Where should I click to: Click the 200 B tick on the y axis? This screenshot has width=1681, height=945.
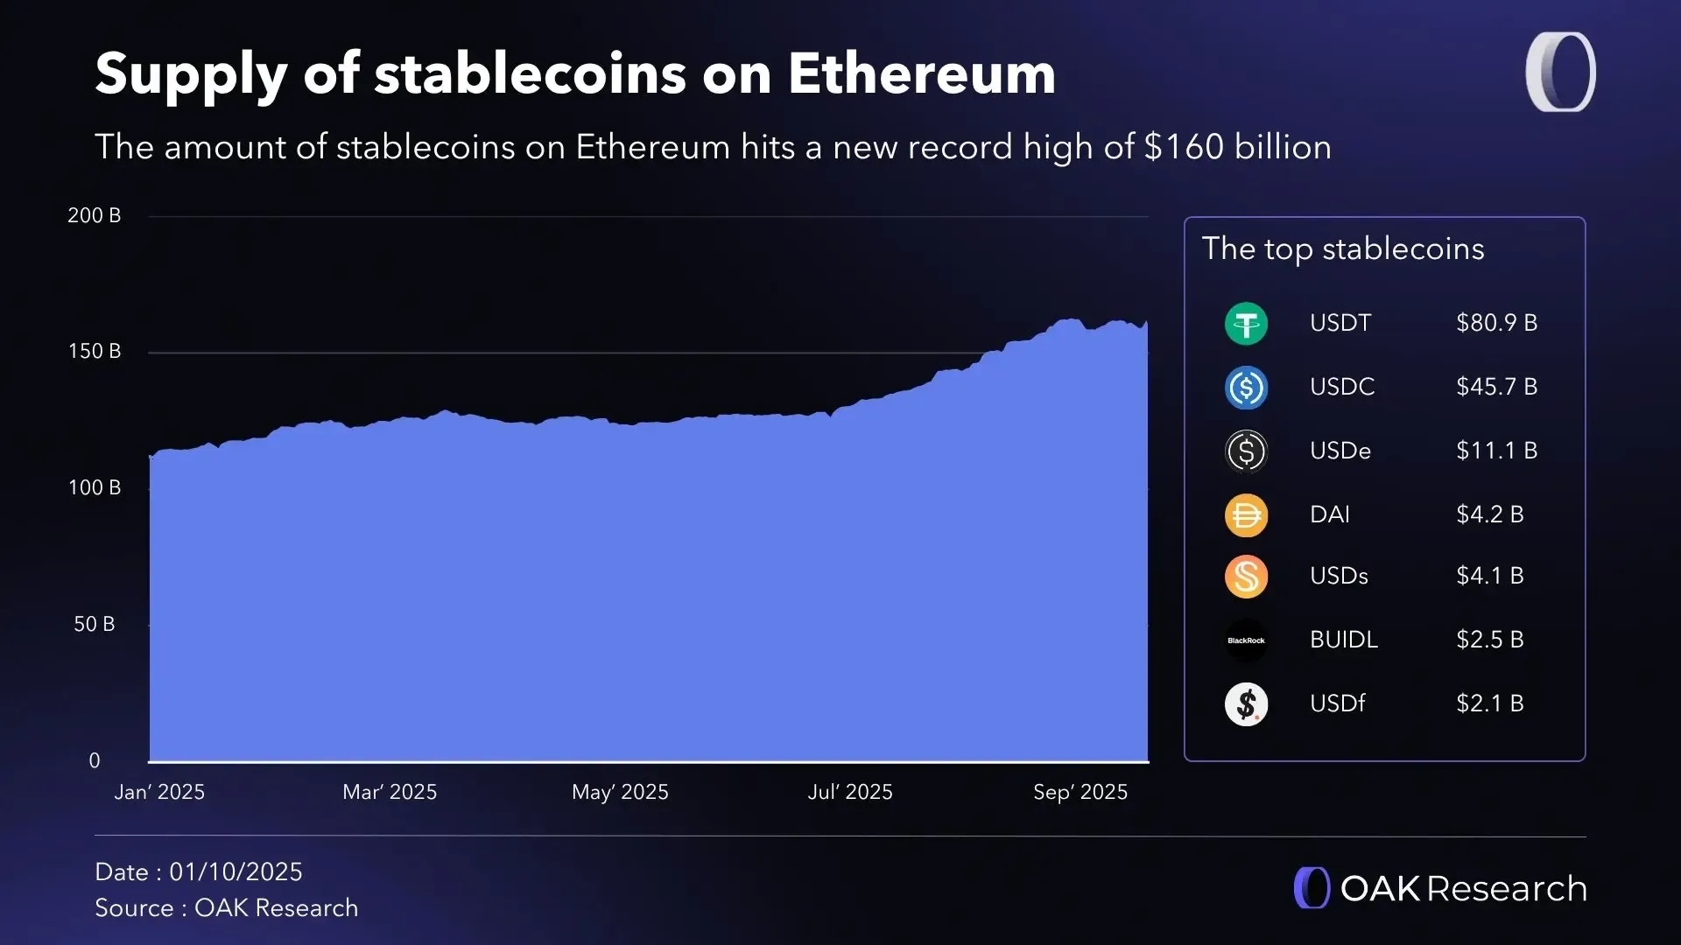point(95,215)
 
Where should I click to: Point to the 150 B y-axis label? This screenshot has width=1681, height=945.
point(95,352)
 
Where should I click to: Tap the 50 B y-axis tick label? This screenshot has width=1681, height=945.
point(95,625)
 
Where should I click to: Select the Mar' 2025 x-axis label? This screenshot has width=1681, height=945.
point(390,792)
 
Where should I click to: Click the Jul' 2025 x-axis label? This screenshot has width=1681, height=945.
point(850,792)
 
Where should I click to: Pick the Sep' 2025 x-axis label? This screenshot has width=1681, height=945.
point(1080,792)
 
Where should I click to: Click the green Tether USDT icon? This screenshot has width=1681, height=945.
point(1246,324)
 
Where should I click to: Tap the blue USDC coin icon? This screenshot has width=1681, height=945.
point(1246,388)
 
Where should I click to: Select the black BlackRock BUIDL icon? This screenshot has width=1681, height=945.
point(1246,640)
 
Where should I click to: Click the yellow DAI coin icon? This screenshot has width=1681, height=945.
point(1246,514)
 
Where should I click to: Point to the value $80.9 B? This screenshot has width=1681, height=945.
point(1496,323)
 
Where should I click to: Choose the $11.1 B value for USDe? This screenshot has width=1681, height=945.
point(1496,451)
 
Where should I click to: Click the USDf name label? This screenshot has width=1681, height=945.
point(1337,703)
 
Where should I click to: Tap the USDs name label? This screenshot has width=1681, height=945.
point(1339,576)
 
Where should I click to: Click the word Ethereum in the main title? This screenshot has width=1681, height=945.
point(922,73)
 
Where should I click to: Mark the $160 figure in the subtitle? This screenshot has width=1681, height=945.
point(1184,147)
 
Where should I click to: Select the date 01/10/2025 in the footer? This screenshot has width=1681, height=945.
point(236,872)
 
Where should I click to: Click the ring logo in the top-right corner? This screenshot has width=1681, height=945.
point(1560,72)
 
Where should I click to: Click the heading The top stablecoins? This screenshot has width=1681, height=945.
point(1343,249)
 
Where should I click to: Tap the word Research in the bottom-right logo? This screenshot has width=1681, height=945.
point(1507,889)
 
